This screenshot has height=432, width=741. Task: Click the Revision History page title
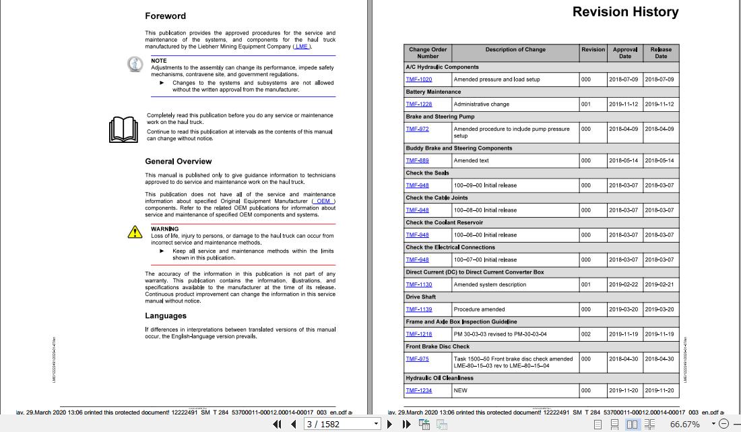(625, 12)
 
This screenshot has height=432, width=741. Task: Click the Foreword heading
(165, 16)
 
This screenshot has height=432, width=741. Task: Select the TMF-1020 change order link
(418, 80)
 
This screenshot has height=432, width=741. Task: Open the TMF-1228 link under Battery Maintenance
(418, 104)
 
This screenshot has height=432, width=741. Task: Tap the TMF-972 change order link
(417, 129)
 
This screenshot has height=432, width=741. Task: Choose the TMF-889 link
(417, 160)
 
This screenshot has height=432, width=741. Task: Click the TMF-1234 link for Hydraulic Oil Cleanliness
(418, 390)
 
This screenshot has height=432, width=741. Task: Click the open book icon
(123, 129)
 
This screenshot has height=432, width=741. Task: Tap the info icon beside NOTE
(135, 64)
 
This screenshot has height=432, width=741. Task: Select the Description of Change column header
(515, 50)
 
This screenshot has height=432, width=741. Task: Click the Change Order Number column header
(428, 53)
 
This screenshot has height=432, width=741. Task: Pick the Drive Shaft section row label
(421, 297)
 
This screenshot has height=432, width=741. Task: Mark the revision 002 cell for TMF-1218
(586, 334)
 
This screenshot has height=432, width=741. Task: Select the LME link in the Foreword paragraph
(302, 47)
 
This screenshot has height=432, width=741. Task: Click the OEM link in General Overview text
(323, 201)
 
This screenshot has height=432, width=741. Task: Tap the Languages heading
(166, 316)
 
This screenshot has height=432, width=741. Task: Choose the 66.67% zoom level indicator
(684, 424)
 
